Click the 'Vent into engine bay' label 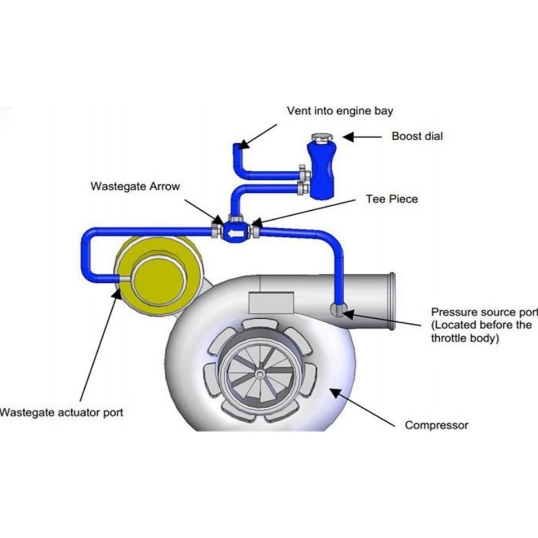[340, 111]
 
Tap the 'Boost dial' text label [417, 136]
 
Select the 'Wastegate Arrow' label [135, 186]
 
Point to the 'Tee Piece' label [391, 199]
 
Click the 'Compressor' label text [436, 425]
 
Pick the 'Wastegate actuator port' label [61, 412]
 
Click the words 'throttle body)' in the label [465, 338]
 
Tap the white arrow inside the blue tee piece [234, 233]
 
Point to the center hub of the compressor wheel [259, 373]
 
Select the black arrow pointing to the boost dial [361, 136]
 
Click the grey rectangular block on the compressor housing [271, 303]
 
